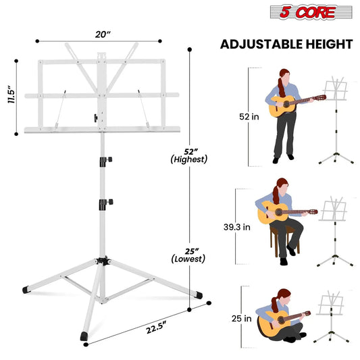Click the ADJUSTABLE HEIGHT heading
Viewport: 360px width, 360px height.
click(287, 45)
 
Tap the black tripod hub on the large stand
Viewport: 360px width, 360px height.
click(103, 261)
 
